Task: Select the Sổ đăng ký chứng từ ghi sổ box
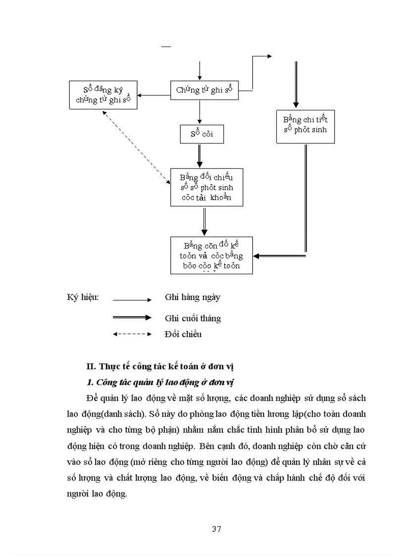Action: [102, 95]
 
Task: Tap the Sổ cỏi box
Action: [202, 134]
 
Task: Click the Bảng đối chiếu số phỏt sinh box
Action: [206, 187]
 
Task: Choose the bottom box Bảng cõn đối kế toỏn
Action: [211, 255]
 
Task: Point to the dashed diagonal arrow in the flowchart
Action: [135, 147]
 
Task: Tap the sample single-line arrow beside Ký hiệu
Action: [132, 300]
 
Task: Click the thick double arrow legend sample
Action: [132, 317]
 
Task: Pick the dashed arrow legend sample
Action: [132, 334]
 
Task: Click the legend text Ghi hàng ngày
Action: [193, 298]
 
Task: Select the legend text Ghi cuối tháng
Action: [193, 318]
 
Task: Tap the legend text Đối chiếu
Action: [183, 334]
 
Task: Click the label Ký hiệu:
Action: [83, 298]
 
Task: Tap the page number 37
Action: [216, 529]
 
